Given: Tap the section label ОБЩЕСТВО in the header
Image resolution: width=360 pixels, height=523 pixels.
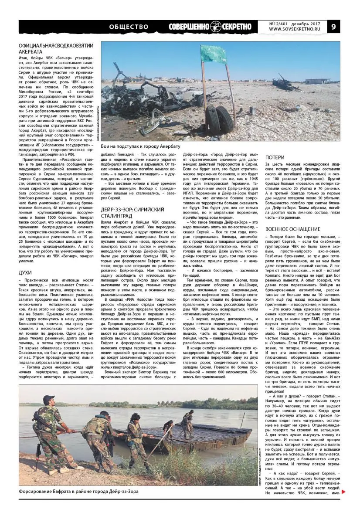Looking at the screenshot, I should tap(129, 27).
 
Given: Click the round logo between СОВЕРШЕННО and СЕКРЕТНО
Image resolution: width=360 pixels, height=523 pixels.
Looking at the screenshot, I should tap(217, 27).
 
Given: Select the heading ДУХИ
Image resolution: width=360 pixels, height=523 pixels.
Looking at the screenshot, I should tap(25, 272).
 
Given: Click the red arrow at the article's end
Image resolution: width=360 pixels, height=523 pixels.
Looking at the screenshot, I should tap(344, 492).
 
